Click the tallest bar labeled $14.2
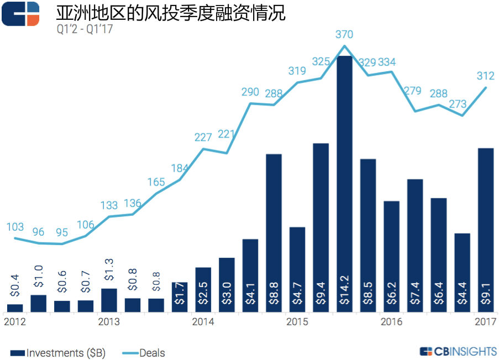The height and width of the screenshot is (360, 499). pos(344,184)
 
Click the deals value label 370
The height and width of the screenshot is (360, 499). pos(344,35)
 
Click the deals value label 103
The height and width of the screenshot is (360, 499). pos(15,227)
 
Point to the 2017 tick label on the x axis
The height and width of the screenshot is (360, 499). pos(485,321)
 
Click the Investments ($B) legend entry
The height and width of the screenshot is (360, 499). pos(57,352)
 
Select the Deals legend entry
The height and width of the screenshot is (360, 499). pos(145,352)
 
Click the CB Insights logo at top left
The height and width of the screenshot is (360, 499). pos(20,14)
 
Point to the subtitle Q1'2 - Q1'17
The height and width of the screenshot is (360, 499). pos(85,29)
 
